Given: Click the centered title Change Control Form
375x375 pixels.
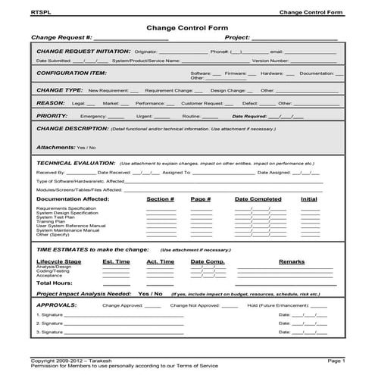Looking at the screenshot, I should (x=187, y=27).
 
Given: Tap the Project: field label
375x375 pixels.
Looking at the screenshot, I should (x=236, y=37).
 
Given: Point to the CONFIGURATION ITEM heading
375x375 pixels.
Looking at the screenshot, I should (x=72, y=73).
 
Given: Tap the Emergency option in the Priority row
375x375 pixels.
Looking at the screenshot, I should (x=93, y=117).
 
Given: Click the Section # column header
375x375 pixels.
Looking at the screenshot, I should (x=161, y=198).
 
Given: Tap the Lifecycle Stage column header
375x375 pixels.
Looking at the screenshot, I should (x=58, y=261).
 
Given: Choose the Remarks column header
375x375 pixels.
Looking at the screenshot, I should (x=292, y=261).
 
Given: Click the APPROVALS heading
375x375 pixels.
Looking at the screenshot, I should (x=57, y=306).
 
